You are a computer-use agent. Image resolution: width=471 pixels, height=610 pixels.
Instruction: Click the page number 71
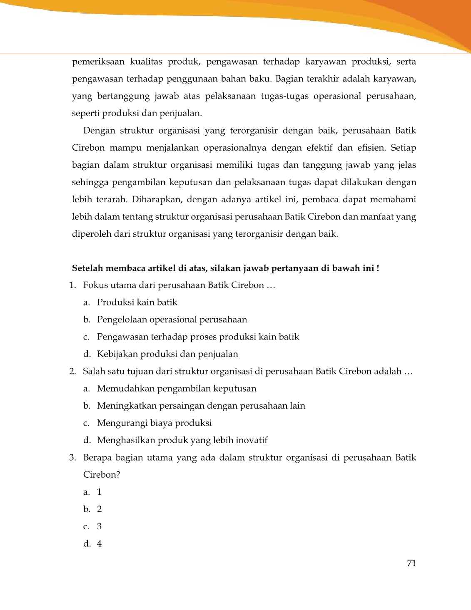(411, 563)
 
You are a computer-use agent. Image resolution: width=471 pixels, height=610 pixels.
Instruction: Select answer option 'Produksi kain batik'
(137, 303)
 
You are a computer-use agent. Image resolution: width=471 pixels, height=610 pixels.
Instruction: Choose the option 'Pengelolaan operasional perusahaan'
(172, 320)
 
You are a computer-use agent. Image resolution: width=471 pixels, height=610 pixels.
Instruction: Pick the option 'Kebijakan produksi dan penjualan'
(167, 354)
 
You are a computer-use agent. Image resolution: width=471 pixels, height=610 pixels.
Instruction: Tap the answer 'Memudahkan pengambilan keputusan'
(177, 389)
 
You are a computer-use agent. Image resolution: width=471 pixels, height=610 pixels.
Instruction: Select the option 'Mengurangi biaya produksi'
(154, 423)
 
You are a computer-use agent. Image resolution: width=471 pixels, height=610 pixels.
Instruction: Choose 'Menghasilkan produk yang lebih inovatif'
(182, 440)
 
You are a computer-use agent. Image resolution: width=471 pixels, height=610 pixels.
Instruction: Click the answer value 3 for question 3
(99, 526)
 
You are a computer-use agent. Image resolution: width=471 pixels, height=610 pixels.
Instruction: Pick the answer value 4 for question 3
(99, 544)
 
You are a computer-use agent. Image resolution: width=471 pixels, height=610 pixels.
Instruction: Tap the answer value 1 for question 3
(99, 492)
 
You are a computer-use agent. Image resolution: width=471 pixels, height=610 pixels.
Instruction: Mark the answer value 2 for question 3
(99, 509)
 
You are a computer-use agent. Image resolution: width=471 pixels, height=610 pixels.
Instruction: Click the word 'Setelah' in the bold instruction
(87, 268)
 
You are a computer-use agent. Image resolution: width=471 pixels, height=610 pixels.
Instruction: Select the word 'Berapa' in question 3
(96, 458)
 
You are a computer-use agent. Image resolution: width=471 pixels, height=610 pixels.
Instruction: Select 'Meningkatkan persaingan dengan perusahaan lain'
(201, 406)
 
